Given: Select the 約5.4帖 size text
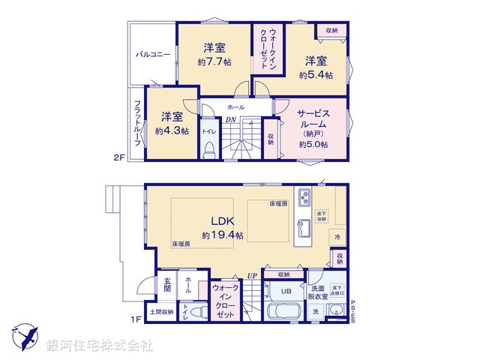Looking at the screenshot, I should [316, 75].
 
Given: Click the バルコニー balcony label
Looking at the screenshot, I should [153, 55].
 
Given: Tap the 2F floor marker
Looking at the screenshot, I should [118, 157].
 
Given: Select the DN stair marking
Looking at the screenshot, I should [231, 119].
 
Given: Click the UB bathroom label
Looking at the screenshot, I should [286, 292].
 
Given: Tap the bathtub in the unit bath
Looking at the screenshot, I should [285, 313].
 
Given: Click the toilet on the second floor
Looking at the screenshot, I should [209, 146].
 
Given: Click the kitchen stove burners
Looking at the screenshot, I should [306, 199].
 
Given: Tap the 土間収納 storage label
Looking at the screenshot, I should [161, 311].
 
